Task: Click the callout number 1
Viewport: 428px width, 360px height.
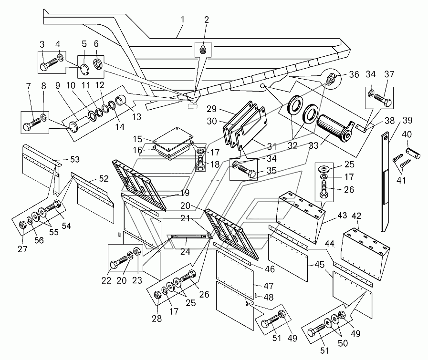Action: pos(182,20)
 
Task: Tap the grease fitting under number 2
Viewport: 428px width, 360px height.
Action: pos(202,50)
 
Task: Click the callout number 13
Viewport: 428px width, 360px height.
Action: pos(136,117)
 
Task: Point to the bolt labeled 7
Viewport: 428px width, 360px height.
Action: pos(32,123)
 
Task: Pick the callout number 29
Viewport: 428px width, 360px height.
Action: pos(211,109)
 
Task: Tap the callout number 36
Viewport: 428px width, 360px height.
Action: pos(354,74)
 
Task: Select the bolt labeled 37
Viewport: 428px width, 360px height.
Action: pos(382,100)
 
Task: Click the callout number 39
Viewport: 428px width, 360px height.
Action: pos(407,120)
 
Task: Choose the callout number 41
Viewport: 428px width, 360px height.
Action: pos(401,180)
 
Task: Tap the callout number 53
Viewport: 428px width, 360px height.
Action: pos(75,160)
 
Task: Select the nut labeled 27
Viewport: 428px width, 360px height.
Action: pos(22,225)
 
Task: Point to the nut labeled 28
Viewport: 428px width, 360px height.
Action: pos(157,295)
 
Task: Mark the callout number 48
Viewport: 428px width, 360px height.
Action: pos(269,297)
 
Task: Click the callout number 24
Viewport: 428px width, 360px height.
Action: pos(185,251)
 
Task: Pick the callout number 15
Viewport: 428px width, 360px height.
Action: pos(137,139)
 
